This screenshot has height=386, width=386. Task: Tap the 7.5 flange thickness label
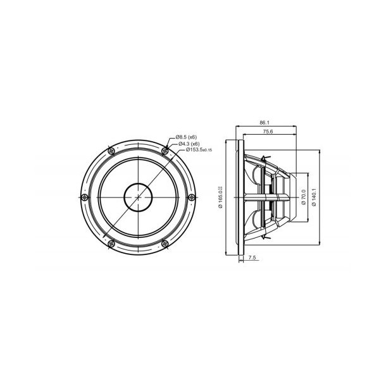point(252,258)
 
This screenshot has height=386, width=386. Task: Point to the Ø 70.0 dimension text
point(304,197)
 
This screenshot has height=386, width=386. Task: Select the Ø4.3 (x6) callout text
point(188,144)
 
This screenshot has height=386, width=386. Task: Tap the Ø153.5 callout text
point(192,150)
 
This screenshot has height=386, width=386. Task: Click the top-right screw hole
point(165,151)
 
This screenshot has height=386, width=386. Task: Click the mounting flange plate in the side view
point(240,197)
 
